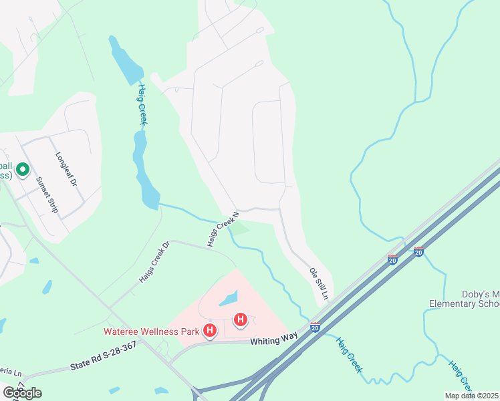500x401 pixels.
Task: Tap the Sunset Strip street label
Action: point(47,194)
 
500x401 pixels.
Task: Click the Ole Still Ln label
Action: point(319,283)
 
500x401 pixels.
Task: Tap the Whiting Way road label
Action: point(273,340)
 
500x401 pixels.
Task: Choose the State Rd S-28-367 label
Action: point(103,356)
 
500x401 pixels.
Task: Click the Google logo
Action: point(22,392)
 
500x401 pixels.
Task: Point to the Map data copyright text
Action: point(471,396)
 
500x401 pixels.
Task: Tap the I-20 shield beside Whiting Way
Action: point(315,327)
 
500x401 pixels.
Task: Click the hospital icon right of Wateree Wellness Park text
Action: point(210,331)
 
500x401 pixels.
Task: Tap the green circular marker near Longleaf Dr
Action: point(22,170)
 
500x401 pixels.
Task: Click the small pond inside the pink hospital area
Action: point(228,298)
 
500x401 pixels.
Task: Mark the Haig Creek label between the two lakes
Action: point(142,104)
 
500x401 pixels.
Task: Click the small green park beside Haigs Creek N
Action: point(240,230)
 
